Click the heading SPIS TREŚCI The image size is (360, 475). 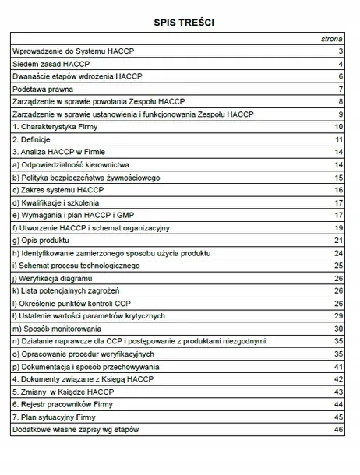coord(179,23)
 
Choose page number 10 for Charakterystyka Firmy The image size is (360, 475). coord(339,127)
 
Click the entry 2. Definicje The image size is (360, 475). coord(36,139)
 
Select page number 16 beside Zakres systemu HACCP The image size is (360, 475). coord(339,190)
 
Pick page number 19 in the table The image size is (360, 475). coord(339,227)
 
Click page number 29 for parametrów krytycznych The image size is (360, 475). coord(339,315)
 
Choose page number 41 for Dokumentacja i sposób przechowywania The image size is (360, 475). coord(339,366)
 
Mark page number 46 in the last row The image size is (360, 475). coord(339,429)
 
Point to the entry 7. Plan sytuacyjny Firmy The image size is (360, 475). coord(57,417)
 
